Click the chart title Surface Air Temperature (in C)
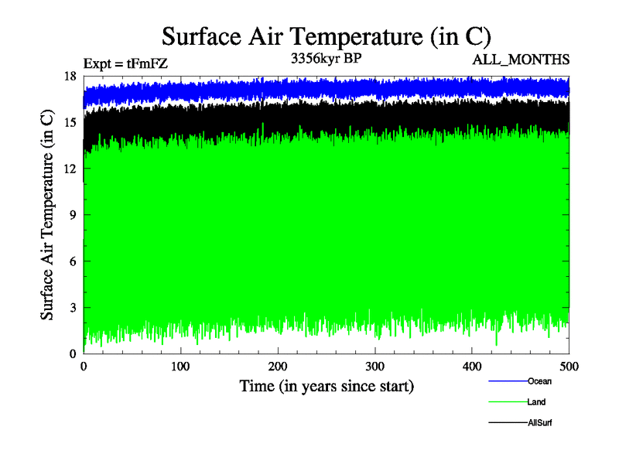point(326,36)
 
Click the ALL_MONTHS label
point(521,59)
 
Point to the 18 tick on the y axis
point(70,76)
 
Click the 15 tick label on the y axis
point(70,122)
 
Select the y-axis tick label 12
point(70,169)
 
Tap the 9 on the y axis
point(73,215)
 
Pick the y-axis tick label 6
point(73,261)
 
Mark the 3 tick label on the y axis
point(73,308)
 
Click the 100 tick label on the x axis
point(181,367)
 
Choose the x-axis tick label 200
point(278,367)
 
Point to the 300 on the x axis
point(375,367)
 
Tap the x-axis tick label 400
point(472,367)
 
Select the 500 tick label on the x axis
point(569,367)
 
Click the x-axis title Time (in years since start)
point(327,386)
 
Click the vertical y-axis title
point(48,215)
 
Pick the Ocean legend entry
point(539,381)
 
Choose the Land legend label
point(537,402)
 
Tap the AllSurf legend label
point(540,423)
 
